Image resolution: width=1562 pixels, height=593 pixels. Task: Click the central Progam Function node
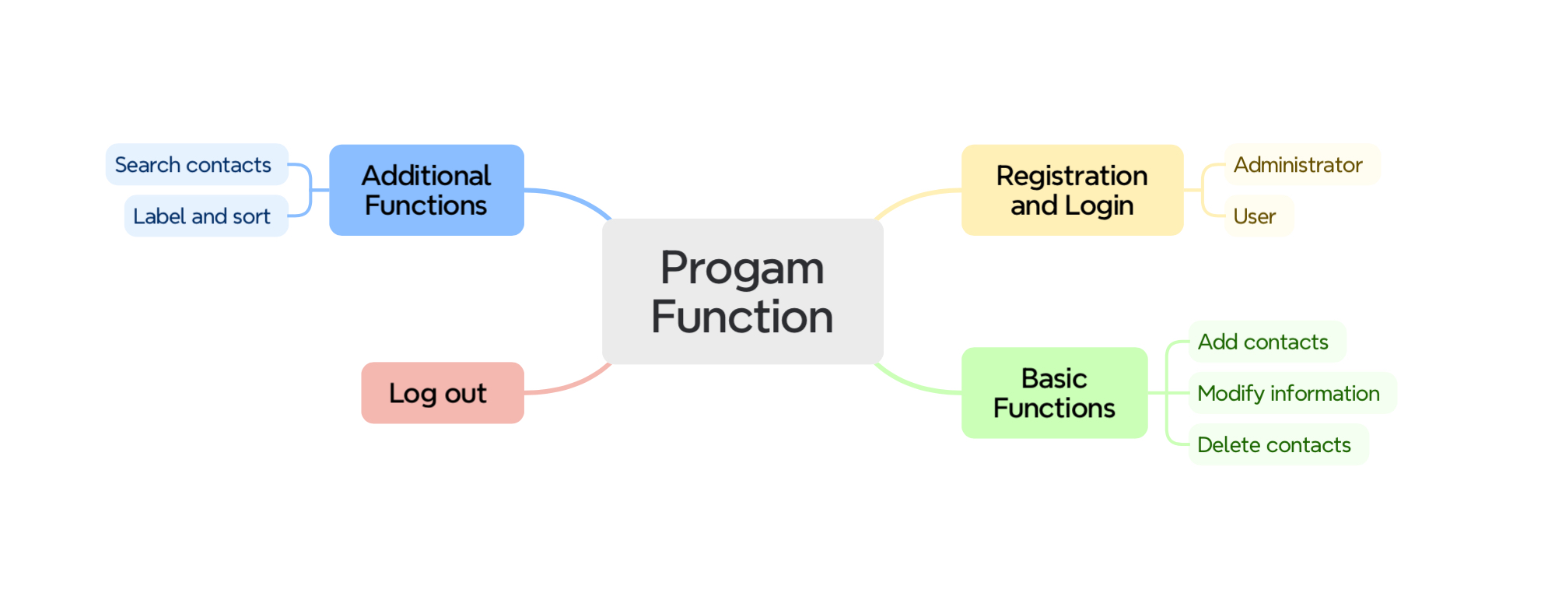coord(742,291)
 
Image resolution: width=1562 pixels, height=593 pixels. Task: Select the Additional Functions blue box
coord(426,190)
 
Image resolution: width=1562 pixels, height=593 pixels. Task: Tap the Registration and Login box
coord(1072,190)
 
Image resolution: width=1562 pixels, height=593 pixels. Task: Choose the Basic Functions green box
coord(1054,393)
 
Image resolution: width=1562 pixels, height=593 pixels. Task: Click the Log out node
coord(442,393)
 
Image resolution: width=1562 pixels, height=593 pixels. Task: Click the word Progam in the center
coord(742,268)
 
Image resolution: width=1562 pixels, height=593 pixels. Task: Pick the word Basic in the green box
coord(1054,378)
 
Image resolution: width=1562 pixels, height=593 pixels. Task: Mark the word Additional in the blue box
coord(426,176)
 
